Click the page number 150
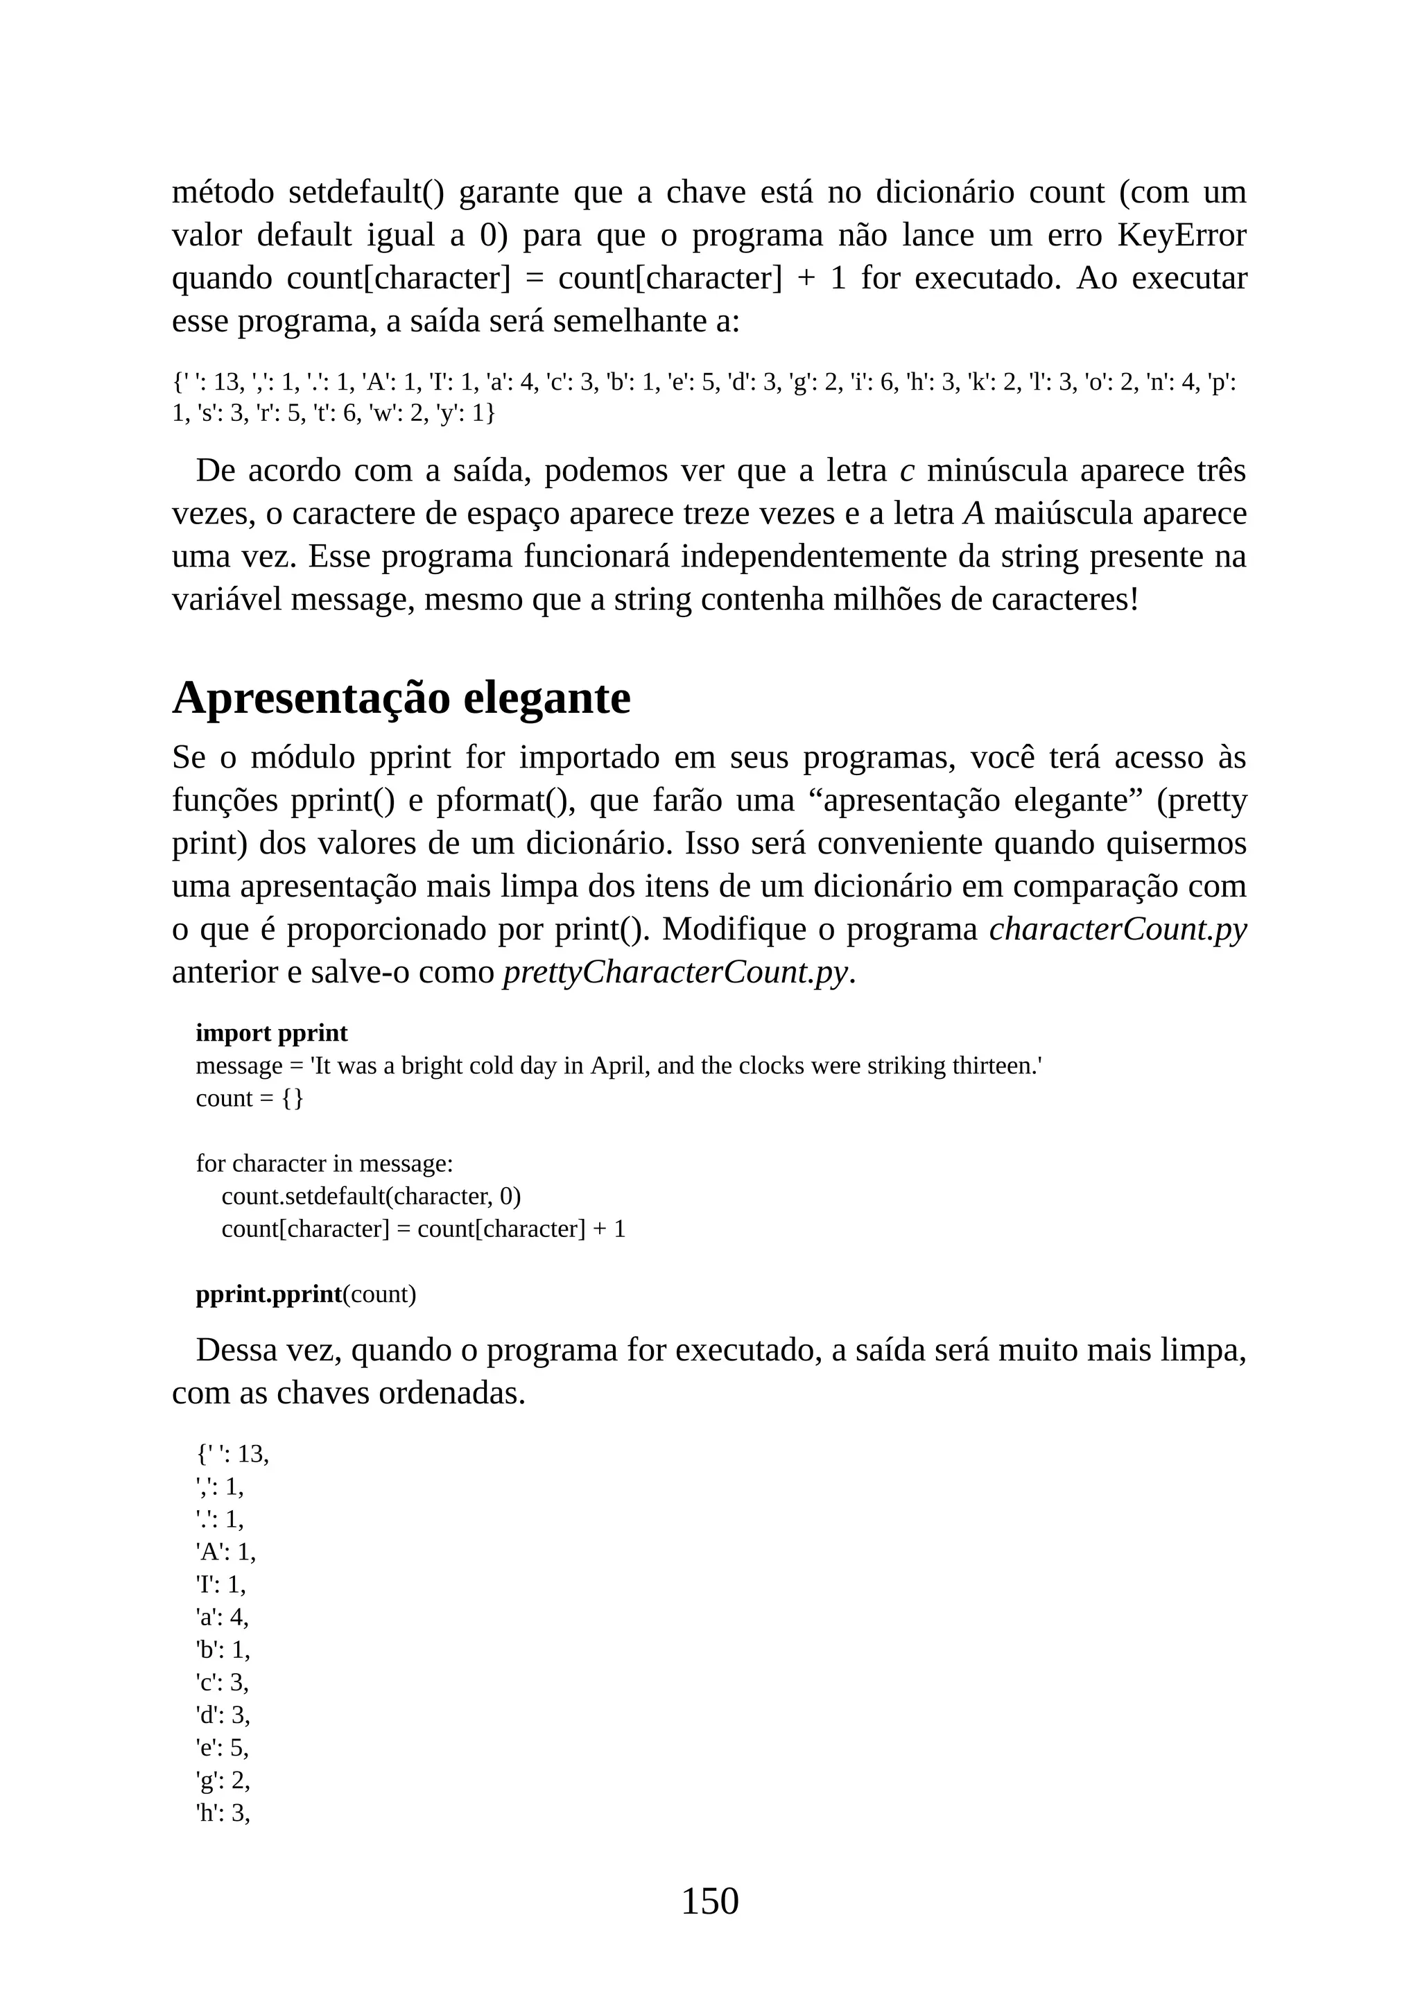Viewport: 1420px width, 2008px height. tap(709, 1901)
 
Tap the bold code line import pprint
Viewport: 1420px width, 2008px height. tap(272, 1033)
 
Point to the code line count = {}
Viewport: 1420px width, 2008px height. tap(249, 1098)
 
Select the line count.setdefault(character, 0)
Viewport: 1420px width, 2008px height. tap(371, 1195)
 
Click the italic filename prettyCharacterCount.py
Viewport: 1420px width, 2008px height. tap(675, 971)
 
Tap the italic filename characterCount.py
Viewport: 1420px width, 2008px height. tap(1118, 929)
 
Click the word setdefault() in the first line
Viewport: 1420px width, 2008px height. tap(365, 192)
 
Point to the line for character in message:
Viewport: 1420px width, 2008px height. tap(324, 1163)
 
